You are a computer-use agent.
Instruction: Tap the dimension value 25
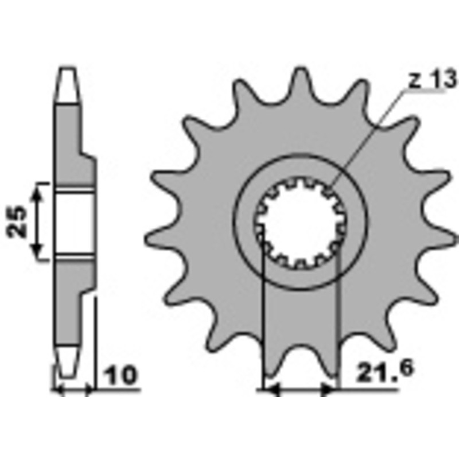click(x=18, y=221)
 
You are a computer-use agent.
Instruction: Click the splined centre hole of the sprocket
click(x=301, y=223)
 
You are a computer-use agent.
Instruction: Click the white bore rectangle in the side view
click(x=75, y=222)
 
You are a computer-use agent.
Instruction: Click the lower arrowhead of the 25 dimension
click(x=38, y=252)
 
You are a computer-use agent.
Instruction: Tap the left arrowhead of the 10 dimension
click(x=57, y=391)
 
